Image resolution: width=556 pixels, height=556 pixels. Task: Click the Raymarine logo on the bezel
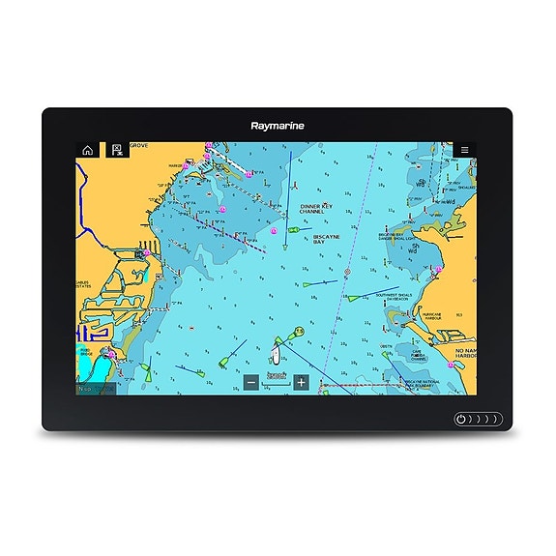(x=277, y=125)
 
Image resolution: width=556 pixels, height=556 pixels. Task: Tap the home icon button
(x=88, y=150)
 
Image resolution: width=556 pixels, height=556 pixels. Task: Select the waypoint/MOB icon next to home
(x=115, y=150)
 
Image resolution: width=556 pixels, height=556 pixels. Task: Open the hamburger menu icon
(x=464, y=150)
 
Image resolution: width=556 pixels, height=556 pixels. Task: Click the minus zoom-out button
(x=251, y=383)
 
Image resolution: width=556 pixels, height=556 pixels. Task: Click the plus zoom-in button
(x=301, y=383)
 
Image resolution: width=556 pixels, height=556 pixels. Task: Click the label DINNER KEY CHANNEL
(x=317, y=210)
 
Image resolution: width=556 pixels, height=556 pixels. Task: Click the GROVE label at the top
(x=139, y=146)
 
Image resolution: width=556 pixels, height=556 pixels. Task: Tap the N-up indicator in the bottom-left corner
(x=95, y=388)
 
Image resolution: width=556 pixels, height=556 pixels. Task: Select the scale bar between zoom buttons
(x=277, y=380)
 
